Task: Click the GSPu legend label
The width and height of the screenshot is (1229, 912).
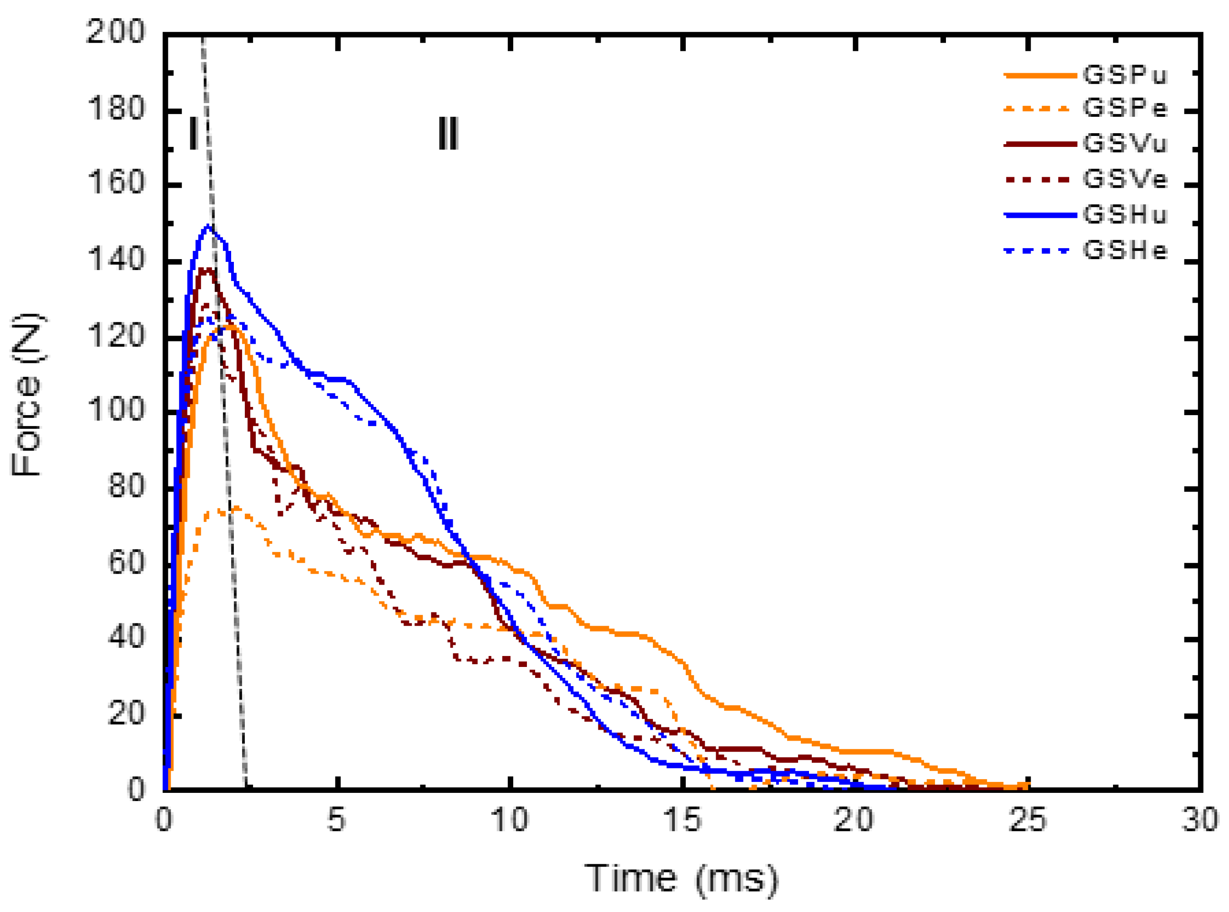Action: (x=1125, y=75)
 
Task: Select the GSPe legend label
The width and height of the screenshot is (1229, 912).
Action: (x=1125, y=108)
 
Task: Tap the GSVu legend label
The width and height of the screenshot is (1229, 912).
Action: (x=1125, y=144)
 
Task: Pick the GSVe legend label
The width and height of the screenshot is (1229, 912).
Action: (x=1125, y=178)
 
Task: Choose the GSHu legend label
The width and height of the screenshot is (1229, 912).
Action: (x=1125, y=214)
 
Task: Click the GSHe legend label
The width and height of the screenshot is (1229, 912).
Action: (x=1125, y=251)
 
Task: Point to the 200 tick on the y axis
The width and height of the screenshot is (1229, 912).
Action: (x=116, y=32)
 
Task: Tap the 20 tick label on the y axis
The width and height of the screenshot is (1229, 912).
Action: (x=126, y=714)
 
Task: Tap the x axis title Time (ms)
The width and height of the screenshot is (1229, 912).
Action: (x=682, y=878)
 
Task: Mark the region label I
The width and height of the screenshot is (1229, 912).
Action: (x=193, y=134)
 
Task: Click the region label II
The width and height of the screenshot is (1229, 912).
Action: (x=447, y=134)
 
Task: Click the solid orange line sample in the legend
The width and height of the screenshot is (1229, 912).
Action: (x=1040, y=75)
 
